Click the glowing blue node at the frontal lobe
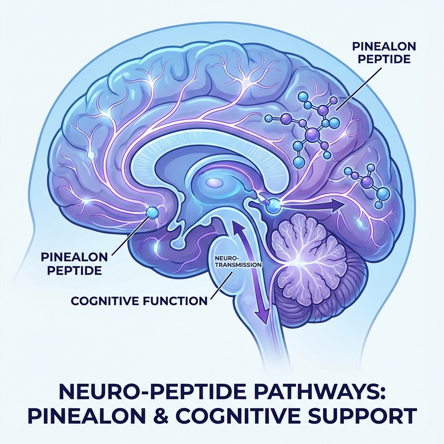[x=152, y=212]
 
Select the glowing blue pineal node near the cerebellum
[x=272, y=204]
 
